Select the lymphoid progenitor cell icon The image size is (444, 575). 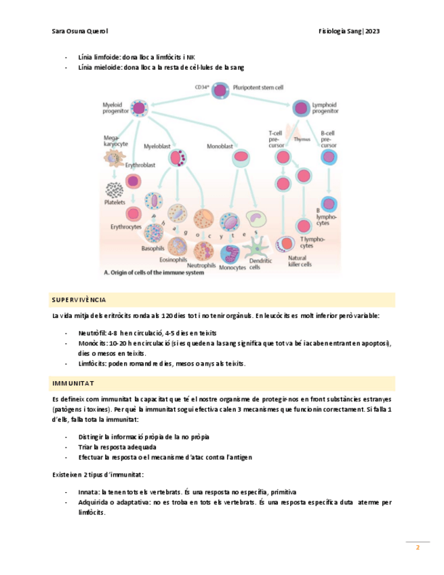pyautogui.click(x=300, y=106)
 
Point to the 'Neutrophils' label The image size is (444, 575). pyautogui.click(x=201, y=265)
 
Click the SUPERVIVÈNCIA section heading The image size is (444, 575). pyautogui.click(x=79, y=299)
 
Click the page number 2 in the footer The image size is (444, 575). pyautogui.click(x=418, y=547)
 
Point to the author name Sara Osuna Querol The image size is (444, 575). pyautogui.click(x=80, y=32)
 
